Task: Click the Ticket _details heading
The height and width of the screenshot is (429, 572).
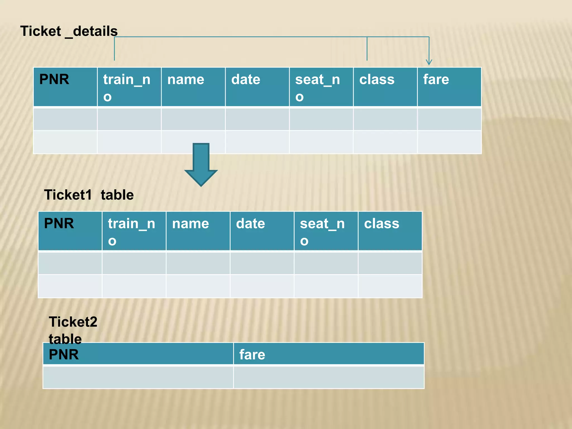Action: click(69, 31)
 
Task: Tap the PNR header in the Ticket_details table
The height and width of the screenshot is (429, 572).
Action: click(54, 79)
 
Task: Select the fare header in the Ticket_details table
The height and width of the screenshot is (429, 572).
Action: click(436, 79)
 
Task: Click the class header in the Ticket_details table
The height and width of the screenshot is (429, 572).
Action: click(377, 80)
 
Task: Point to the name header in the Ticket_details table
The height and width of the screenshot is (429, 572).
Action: click(186, 80)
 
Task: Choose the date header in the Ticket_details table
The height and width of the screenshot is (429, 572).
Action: click(246, 80)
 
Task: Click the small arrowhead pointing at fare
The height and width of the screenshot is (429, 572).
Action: click(429, 62)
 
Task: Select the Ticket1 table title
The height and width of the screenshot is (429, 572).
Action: click(89, 195)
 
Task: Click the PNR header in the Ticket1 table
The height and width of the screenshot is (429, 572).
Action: click(59, 223)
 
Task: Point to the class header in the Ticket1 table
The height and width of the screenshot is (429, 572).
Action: click(382, 224)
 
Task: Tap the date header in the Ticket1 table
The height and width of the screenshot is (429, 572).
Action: click(251, 224)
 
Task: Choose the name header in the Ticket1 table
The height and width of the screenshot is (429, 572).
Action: click(190, 224)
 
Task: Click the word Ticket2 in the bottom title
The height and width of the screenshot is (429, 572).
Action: click(73, 322)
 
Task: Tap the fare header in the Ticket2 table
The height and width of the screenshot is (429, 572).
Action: click(252, 354)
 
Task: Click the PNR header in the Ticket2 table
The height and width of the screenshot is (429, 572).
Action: click(64, 354)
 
